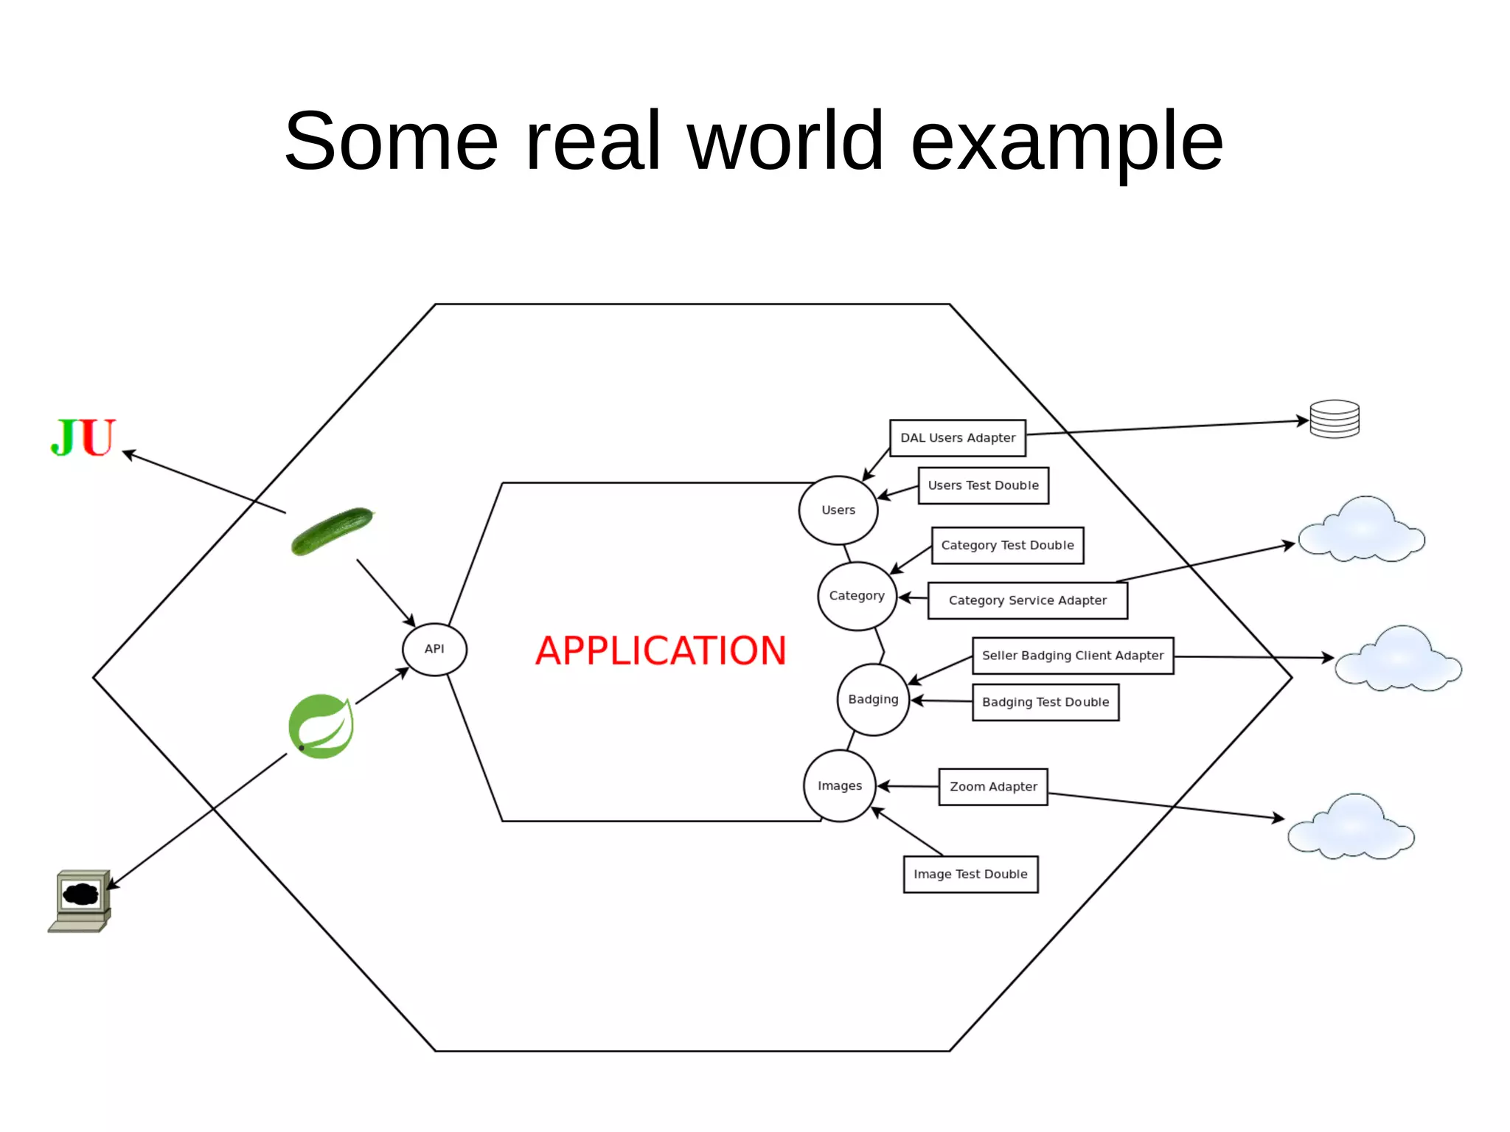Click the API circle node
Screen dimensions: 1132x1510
tap(434, 649)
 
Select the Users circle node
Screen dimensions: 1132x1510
tap(838, 510)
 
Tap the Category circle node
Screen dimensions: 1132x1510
tap(857, 596)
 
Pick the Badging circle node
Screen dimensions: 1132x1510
tap(873, 699)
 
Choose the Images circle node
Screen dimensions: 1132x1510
tap(840, 786)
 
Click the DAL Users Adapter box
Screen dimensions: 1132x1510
tap(958, 438)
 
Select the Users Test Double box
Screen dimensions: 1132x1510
tap(983, 485)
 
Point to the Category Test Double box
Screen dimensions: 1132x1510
tap(1007, 546)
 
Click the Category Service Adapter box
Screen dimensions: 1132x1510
tap(1027, 600)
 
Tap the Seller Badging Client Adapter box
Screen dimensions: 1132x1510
tap(1073, 656)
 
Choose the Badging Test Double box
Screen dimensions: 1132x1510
tap(1045, 702)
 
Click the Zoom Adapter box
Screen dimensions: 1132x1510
tap(993, 787)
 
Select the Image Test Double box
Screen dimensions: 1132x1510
tap(970, 874)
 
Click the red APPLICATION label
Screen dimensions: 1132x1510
tap(661, 650)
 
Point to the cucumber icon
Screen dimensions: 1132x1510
tap(333, 531)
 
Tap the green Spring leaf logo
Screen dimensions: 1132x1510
tap(321, 726)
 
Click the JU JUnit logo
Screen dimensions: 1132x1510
tap(83, 437)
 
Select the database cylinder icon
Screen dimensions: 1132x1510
tap(1334, 419)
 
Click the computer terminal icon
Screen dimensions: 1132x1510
tap(80, 900)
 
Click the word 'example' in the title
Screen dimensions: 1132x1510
tap(1067, 140)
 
